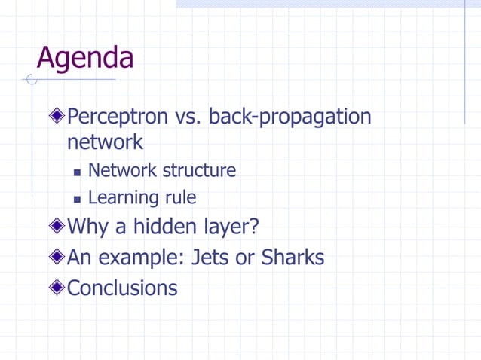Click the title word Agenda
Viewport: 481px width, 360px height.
(84, 59)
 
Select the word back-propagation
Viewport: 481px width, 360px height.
(290, 117)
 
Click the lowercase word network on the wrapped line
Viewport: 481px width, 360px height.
(105, 142)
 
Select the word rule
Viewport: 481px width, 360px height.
(181, 198)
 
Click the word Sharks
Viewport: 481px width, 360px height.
(293, 258)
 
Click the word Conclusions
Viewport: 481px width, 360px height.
(122, 288)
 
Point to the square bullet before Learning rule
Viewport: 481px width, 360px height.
(77, 200)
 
